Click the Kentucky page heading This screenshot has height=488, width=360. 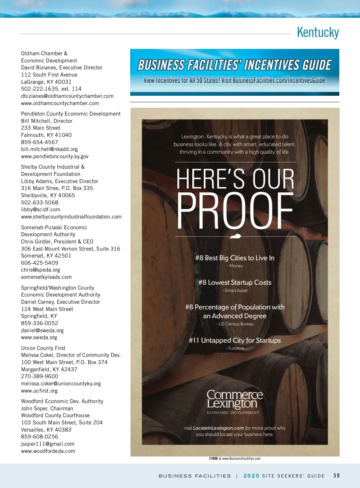coord(318,32)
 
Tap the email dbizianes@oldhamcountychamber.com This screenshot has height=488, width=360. coord(67,96)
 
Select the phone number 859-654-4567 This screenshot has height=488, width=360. coord(40,142)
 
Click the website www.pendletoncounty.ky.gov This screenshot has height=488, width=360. coord(55,156)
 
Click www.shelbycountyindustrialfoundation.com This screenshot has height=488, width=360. coord(71,217)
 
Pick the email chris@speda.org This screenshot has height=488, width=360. coord(40,270)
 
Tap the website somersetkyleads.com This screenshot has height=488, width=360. coord(46,277)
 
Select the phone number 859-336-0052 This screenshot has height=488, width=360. coord(40,323)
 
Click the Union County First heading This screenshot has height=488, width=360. coord(43,348)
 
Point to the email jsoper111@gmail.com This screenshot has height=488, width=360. coord(48,444)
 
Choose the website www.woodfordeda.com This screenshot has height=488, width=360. coord(48,451)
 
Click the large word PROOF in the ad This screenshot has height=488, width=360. coord(235,211)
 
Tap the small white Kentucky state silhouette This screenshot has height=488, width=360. coord(235,236)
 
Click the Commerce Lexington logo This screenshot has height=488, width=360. coord(234,401)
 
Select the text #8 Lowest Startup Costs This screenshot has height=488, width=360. coord(235,282)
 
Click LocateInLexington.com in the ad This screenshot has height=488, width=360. coord(218,428)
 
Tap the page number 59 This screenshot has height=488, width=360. coord(337,476)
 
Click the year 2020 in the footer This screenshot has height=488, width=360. coord(251,476)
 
